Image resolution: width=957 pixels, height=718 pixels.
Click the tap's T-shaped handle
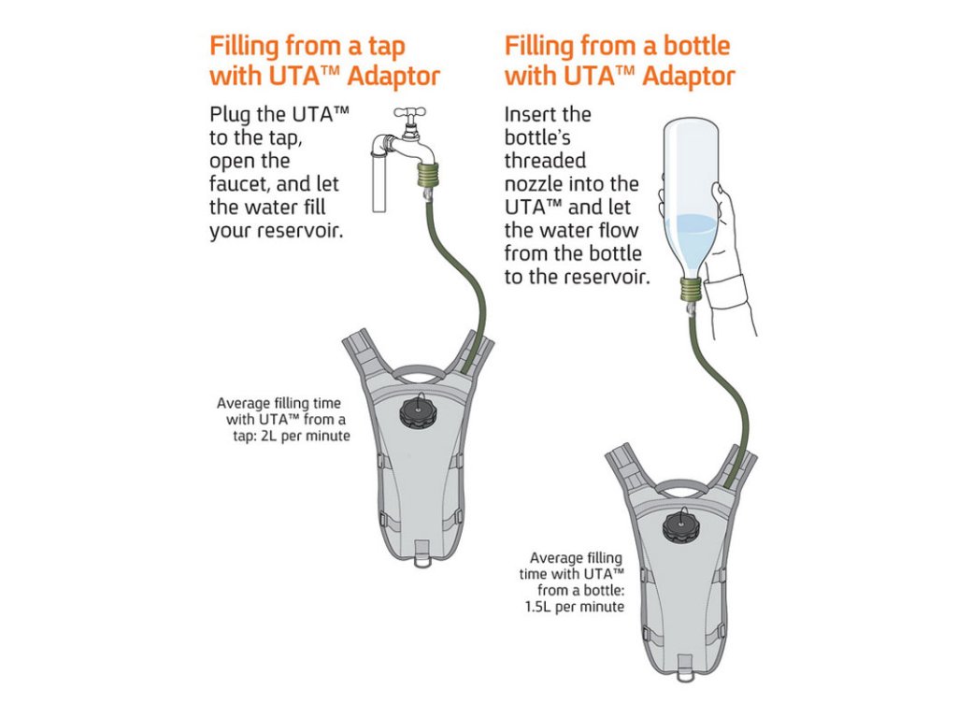pyautogui.click(x=409, y=113)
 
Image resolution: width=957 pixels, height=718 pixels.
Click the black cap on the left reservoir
pyautogui.click(x=419, y=412)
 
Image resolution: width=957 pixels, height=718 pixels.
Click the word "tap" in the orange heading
pyautogui.click(x=386, y=47)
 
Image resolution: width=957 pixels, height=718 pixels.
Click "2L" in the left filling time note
pyautogui.click(x=270, y=436)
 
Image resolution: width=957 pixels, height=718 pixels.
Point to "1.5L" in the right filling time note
pyautogui.click(x=538, y=607)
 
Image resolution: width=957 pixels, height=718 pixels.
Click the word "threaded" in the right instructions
pyautogui.click(x=545, y=161)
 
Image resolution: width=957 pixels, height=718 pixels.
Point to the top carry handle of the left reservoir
pyautogui.click(x=418, y=371)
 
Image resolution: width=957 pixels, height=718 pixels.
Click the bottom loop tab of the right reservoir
pyautogui.click(x=684, y=668)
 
